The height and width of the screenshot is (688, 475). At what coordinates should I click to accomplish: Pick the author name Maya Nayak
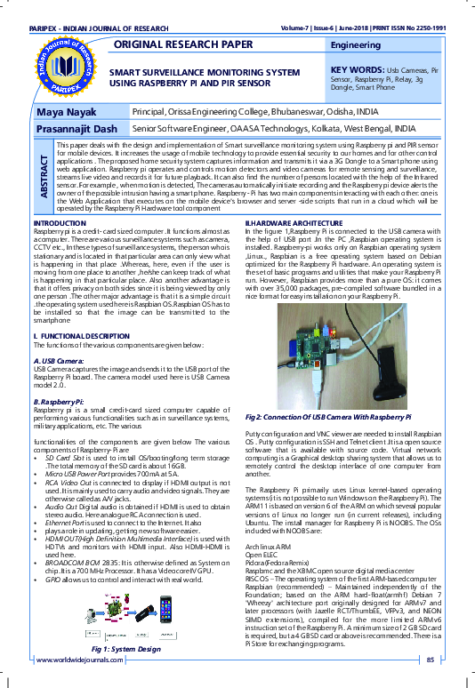coord(66,114)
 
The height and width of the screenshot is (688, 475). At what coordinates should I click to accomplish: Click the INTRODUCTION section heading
coord(59,222)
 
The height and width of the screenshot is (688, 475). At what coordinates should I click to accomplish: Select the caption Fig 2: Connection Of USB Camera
coord(328,416)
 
